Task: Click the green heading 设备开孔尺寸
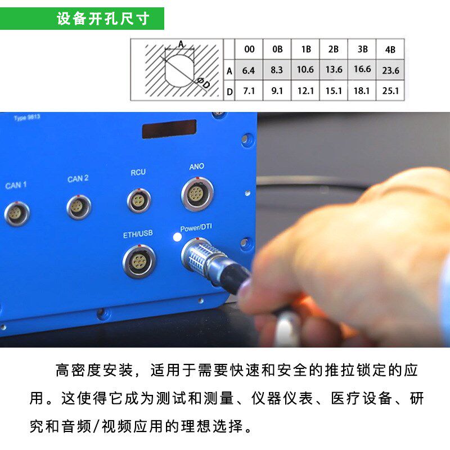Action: pos(103,19)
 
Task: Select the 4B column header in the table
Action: pos(390,49)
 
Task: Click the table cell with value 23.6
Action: pos(390,71)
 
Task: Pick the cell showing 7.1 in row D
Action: pos(249,91)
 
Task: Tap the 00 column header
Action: pos(249,49)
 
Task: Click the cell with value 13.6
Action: pos(334,70)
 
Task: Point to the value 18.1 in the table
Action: pos(362,91)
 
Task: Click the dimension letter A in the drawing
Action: pos(181,44)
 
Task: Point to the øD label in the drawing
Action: pos(204,84)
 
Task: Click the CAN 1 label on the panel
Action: pos(16,185)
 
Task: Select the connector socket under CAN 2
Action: pos(78,207)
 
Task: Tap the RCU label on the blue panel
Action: pos(138,173)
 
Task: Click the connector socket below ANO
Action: pos(195,195)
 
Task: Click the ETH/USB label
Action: pos(138,234)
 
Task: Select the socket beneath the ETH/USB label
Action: pos(139,262)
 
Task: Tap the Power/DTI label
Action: pos(196,228)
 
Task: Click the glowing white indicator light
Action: pos(177,237)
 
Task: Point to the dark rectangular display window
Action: pos(169,129)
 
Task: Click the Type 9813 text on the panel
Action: pos(26,118)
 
